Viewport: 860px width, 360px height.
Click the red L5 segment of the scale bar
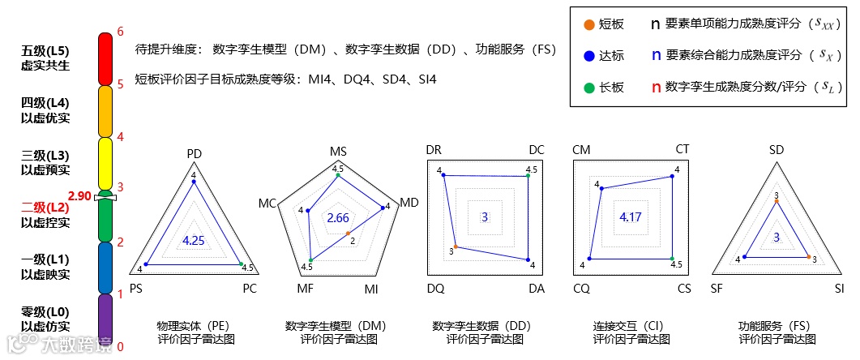tap(105, 58)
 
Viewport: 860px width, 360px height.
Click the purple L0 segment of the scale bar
tap(105, 319)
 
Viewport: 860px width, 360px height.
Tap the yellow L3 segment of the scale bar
tap(105, 163)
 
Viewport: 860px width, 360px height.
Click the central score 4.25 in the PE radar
tap(194, 241)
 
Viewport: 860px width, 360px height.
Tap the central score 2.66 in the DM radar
tap(338, 218)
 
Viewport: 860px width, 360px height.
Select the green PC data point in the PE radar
tap(241, 264)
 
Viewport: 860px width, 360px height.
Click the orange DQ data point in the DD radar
tap(456, 246)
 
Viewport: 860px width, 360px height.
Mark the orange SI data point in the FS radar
tap(809, 257)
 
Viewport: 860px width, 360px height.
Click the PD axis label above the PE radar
tap(194, 154)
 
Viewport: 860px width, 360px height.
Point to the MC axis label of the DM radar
tap(267, 202)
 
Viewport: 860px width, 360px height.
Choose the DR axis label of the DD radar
tap(434, 150)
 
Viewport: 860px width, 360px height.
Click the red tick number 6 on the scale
tap(120, 32)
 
